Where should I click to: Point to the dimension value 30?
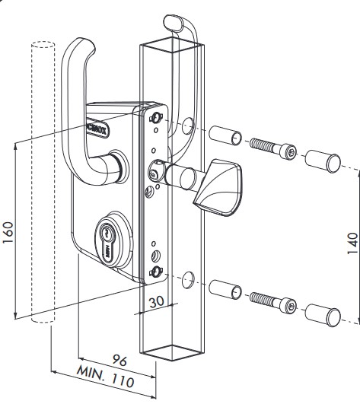tap(156, 301)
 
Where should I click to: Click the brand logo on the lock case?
tap(98, 120)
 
